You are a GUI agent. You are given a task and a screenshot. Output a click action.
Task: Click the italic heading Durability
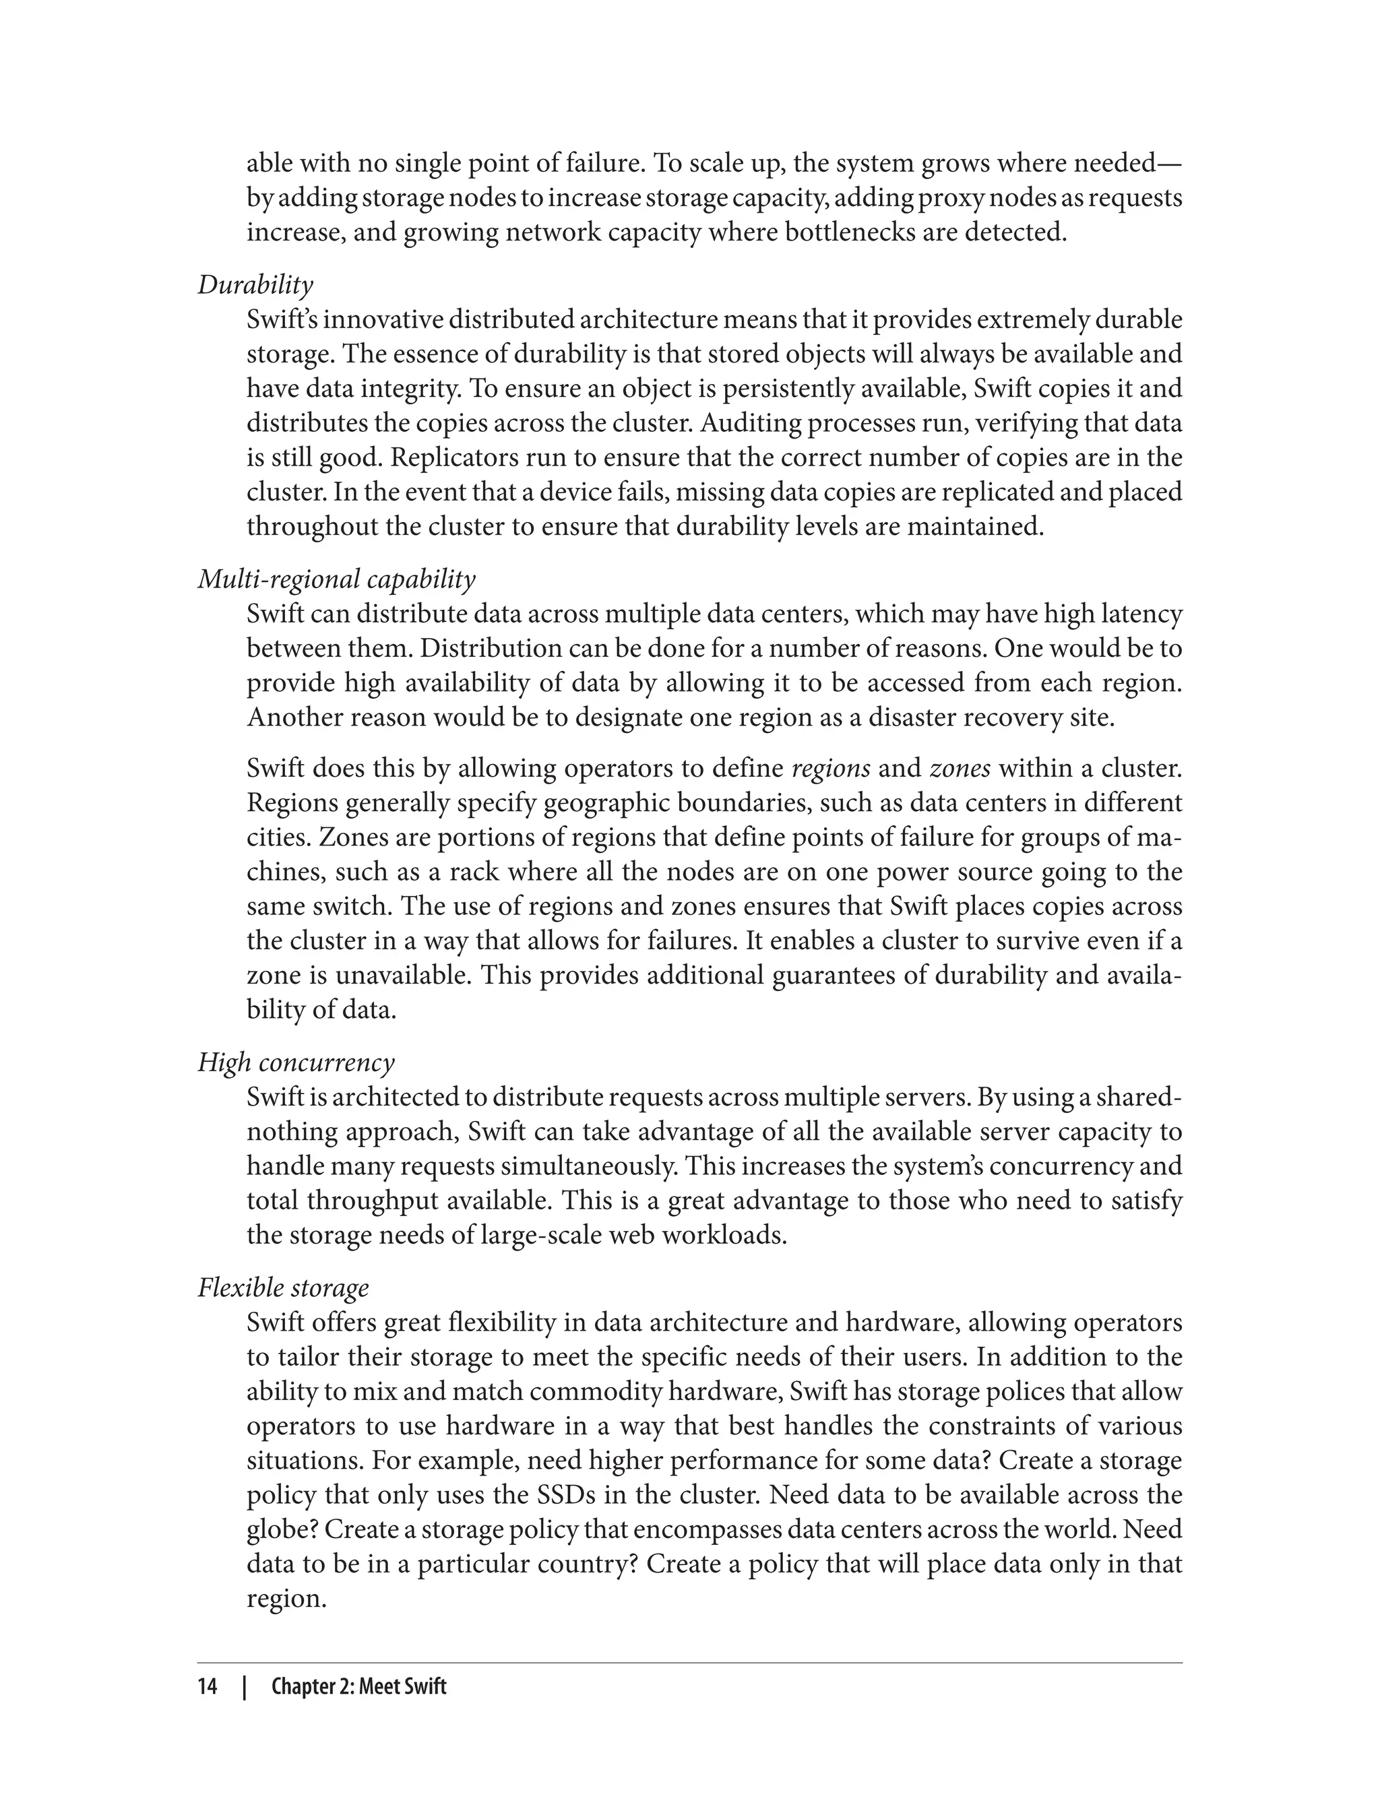coord(255,285)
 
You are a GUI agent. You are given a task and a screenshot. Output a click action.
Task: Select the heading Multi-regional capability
coord(337,580)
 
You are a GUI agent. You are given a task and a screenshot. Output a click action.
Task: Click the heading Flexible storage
coord(284,1288)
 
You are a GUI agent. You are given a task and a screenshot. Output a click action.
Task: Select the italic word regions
coord(829,769)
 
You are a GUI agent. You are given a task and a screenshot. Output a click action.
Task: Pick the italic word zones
coord(960,769)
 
